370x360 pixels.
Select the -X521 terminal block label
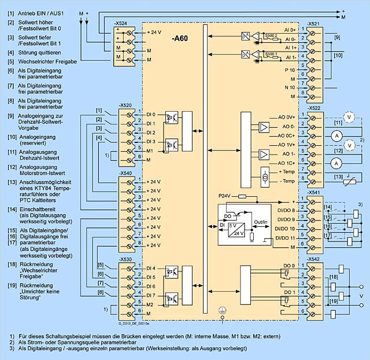tap(314, 24)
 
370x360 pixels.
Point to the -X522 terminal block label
tap(314, 108)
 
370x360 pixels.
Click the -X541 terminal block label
tap(314, 193)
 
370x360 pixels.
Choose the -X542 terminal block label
tap(314, 258)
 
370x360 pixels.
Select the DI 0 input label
tap(150, 114)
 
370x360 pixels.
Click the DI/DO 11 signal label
tap(286, 238)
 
